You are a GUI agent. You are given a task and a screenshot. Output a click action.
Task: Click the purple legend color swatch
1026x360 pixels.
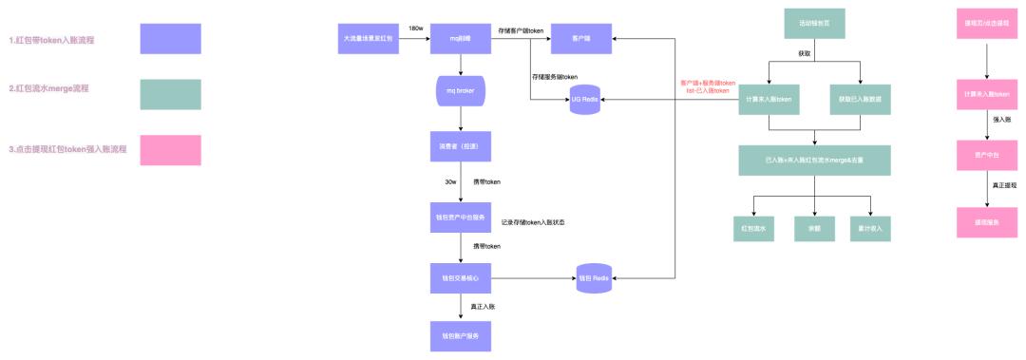[171, 39]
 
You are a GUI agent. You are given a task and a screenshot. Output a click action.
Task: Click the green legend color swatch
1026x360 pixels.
[171, 94]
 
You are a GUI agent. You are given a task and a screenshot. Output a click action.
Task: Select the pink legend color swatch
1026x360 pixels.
[171, 150]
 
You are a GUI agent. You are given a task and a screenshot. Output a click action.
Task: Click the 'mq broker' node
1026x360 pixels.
[461, 93]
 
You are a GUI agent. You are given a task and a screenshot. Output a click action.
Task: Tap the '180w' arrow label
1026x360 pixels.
[415, 29]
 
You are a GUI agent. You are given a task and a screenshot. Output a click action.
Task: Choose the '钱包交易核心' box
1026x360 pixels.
[461, 278]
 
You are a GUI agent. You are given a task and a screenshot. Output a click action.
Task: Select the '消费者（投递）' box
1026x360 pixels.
[461, 147]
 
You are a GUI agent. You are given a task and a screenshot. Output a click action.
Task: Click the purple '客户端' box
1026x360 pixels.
[579, 39]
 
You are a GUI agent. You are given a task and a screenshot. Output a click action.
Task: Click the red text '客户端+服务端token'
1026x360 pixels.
[708, 83]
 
